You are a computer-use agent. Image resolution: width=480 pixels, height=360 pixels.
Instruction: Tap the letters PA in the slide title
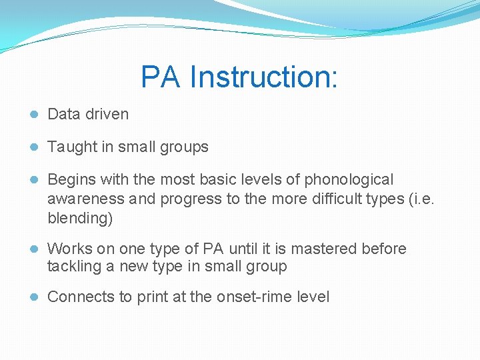coord(161,77)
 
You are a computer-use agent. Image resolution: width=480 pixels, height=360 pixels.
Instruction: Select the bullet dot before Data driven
coord(33,115)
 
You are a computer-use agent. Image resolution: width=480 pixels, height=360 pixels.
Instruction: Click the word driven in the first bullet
coord(107,114)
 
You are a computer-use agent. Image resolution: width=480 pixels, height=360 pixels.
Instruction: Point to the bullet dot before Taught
coord(33,147)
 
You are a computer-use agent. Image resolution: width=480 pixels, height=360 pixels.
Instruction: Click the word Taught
coord(72,147)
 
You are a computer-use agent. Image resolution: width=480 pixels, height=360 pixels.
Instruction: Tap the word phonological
coord(349,179)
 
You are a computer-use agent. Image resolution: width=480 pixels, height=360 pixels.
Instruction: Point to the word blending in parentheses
coord(78,218)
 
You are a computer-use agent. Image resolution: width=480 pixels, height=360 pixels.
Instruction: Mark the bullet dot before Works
coord(33,249)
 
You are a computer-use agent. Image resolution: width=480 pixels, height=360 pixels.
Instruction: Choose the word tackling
coord(75,267)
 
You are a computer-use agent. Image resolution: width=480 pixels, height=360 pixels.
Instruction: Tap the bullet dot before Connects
coord(33,297)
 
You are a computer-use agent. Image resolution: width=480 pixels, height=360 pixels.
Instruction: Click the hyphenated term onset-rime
coord(250,297)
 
